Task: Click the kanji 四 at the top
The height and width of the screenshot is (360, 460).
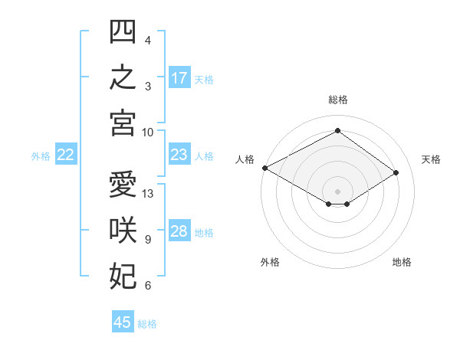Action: coord(123,31)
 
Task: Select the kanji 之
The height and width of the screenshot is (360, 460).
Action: coord(123,77)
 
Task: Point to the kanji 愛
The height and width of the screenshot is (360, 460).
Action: coord(123,184)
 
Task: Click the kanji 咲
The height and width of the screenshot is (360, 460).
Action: coord(123,230)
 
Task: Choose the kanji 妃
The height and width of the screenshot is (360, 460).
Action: coord(123,276)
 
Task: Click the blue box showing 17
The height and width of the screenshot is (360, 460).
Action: coord(179,77)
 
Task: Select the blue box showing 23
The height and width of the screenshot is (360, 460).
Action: coord(179,154)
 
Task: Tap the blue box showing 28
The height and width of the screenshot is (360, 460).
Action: coord(179,230)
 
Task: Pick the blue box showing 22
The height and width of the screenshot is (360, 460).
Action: coord(66,154)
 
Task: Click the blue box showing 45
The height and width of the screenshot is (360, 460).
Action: coord(123,321)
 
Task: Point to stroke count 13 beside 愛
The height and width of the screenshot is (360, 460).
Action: coord(147,194)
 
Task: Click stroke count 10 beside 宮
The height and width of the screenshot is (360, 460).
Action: coord(147,133)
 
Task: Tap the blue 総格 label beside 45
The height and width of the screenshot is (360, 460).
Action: coord(147,324)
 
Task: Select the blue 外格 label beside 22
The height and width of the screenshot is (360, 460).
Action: coord(41,156)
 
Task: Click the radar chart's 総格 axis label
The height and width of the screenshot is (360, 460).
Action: coord(338,100)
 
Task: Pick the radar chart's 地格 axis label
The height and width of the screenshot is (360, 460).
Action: coord(402,262)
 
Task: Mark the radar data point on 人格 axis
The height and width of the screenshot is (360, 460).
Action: coord(265,168)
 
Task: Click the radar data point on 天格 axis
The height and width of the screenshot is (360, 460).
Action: coord(396,172)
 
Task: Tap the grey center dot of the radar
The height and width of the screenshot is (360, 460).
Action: coord(337,191)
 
